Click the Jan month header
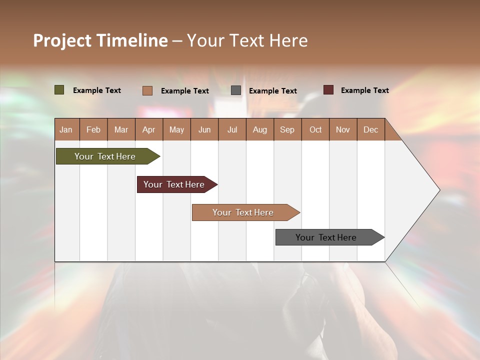66,129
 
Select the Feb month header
93,129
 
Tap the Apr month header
149,129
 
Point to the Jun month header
204,129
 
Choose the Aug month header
260,129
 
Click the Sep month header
287,129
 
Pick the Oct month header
315,129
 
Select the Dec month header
371,129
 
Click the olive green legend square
59,90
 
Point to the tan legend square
147,90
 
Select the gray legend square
236,90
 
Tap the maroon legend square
328,90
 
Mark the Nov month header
343,129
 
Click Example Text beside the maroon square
364,90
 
